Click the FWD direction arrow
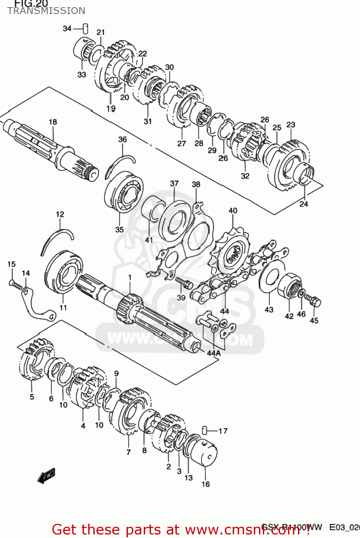[x=47, y=476]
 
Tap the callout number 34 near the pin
[x=67, y=28]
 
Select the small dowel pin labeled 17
[x=204, y=430]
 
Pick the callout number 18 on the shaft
[x=53, y=122]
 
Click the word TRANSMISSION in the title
[x=46, y=11]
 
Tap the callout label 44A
[x=214, y=353]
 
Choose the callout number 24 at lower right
[x=304, y=204]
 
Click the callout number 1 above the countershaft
[x=130, y=277]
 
